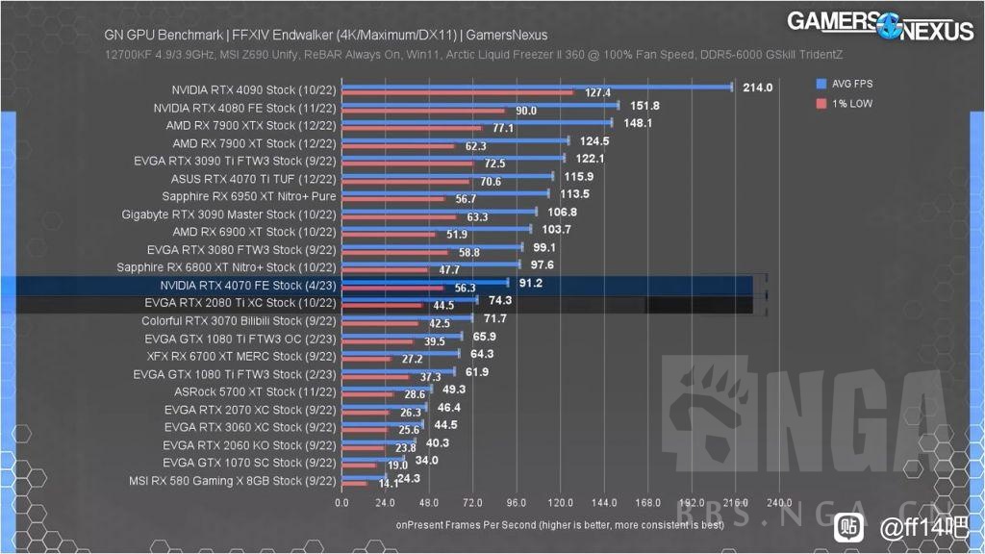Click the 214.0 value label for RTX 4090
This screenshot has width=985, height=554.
[757, 88]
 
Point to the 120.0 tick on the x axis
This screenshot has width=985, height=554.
[560, 502]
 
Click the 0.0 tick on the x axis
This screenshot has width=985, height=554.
[342, 502]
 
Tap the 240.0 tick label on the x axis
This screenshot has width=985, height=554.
[779, 502]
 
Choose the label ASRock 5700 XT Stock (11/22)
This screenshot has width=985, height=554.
[255, 391]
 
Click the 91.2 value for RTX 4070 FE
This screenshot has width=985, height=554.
[530, 284]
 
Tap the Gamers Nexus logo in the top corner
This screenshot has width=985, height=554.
[880, 25]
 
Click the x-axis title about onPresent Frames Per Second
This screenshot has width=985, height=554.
[560, 525]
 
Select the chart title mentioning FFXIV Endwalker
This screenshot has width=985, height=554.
[325, 36]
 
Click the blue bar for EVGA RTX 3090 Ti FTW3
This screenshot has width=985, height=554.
[453, 159]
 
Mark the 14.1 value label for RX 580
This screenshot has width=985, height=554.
[389, 484]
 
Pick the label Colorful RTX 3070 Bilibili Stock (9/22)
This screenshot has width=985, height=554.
[239, 320]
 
